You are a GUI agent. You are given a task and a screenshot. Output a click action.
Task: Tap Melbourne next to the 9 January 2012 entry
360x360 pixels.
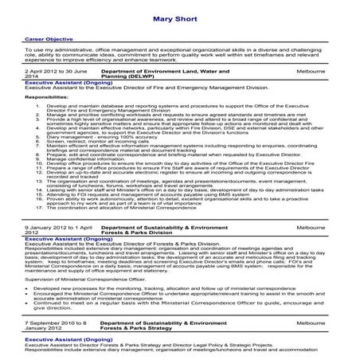pos(310,228)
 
